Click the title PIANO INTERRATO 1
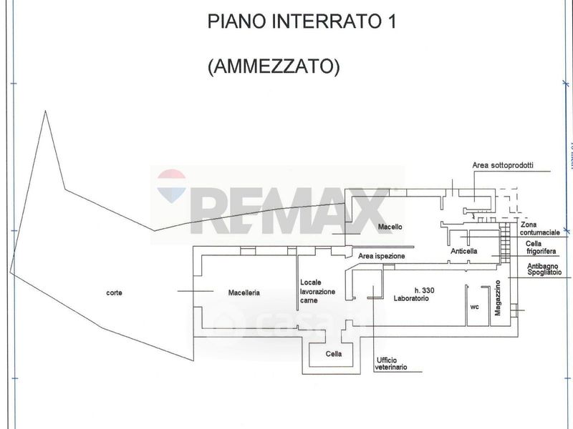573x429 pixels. (302, 21)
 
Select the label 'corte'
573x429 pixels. (113, 292)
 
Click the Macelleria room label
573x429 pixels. (244, 292)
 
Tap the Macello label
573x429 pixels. (390, 227)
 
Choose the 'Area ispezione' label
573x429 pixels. (382, 255)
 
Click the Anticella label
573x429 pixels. (464, 252)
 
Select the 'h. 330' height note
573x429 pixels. (425, 290)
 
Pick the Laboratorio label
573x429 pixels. (410, 299)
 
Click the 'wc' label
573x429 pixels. (474, 307)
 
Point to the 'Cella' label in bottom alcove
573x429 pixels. (334, 354)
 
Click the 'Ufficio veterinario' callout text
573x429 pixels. (390, 363)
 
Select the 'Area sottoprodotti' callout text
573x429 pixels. (503, 165)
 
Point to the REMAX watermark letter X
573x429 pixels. (371, 210)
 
